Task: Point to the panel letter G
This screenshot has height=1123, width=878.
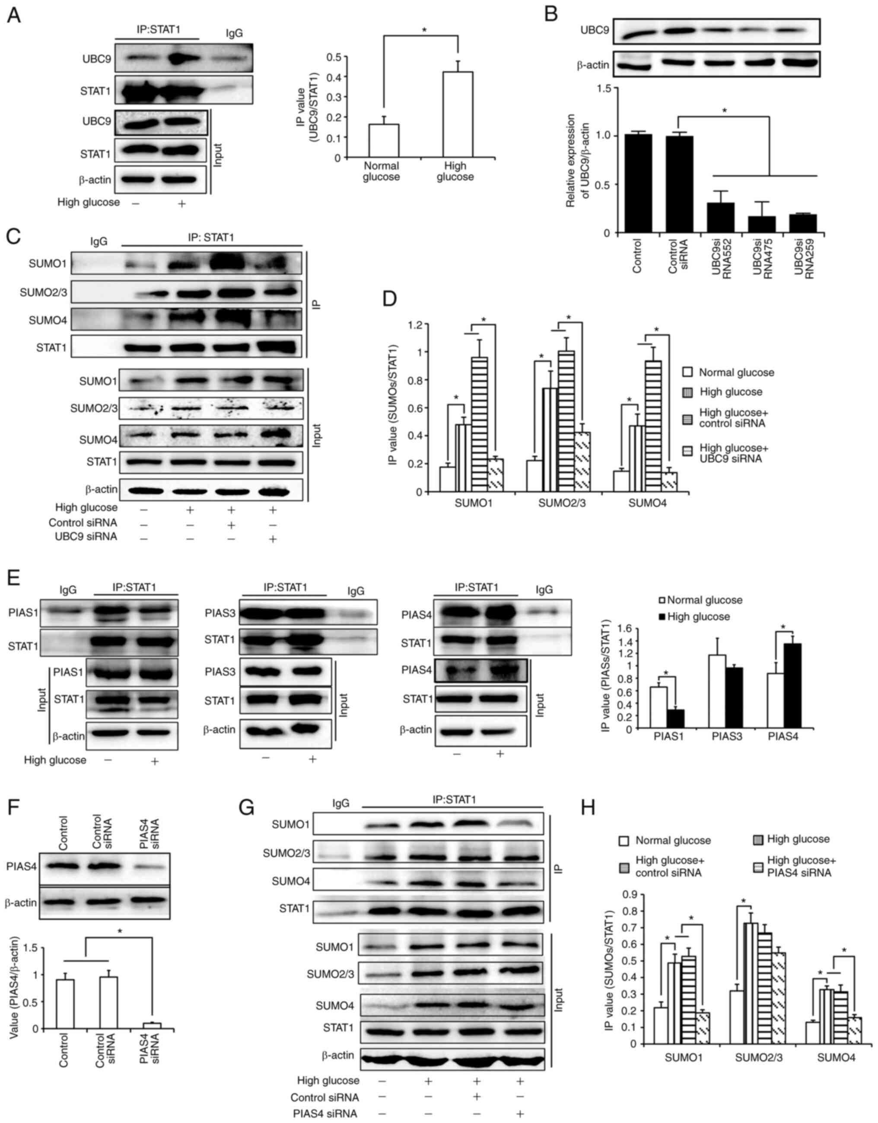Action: tap(247, 808)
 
